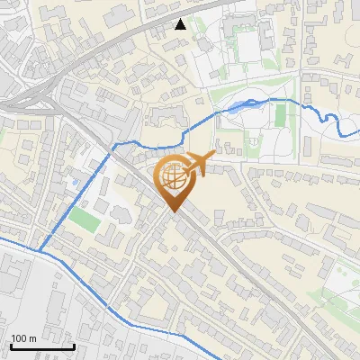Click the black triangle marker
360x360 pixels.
(181, 24)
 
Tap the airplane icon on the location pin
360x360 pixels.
(199, 164)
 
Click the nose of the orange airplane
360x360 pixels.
(214, 157)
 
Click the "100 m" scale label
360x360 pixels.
(23, 338)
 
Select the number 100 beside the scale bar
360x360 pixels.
(19, 338)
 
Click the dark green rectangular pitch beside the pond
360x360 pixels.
(280, 115)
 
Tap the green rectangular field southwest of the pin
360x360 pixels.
(85, 219)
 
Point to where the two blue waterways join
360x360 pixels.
(38, 250)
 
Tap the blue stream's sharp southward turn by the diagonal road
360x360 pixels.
(113, 148)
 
